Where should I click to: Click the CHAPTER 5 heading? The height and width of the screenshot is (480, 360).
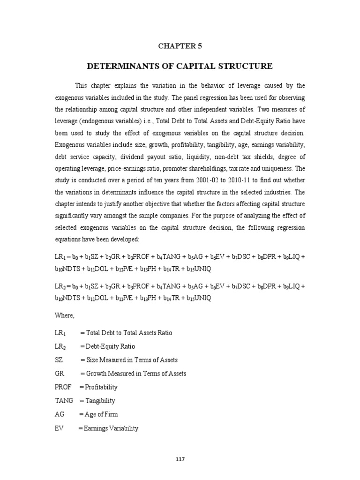pyautogui.click(x=180, y=46)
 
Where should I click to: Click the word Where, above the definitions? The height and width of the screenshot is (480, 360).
pyautogui.click(x=65, y=316)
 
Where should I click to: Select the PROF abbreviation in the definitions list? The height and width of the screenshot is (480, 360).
pyautogui.click(x=64, y=387)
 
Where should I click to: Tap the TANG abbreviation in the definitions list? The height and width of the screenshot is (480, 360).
pyautogui.click(x=64, y=401)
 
